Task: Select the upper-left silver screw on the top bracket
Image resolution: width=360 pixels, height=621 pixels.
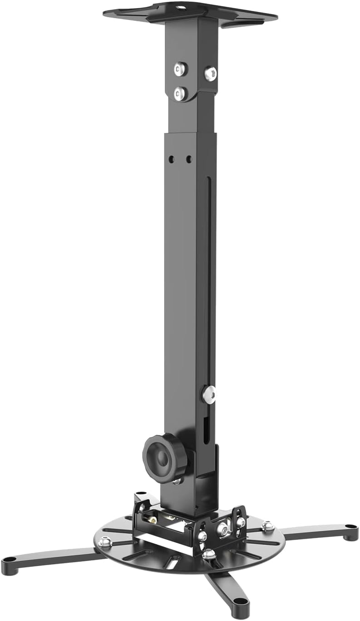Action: click(x=180, y=69)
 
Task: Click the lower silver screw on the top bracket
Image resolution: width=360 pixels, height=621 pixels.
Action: click(x=180, y=94)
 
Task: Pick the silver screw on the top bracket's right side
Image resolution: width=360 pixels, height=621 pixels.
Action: click(x=210, y=73)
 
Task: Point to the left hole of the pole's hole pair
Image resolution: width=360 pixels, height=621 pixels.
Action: click(x=172, y=159)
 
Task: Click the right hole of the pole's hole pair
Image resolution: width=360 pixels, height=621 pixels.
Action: click(x=188, y=159)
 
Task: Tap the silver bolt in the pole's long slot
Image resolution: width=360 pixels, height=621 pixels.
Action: click(x=209, y=394)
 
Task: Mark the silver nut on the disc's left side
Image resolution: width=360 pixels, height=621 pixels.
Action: click(x=105, y=542)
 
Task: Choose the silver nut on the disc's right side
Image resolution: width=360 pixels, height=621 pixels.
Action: click(x=267, y=526)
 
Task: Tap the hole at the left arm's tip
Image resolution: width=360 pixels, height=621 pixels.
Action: click(x=10, y=560)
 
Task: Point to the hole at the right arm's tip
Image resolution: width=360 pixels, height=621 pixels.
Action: click(x=350, y=527)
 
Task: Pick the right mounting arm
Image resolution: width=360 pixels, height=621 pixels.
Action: click(x=313, y=531)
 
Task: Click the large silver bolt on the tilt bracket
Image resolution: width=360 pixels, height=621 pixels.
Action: click(x=223, y=528)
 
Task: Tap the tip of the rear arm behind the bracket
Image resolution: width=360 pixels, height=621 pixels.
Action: click(x=141, y=493)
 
